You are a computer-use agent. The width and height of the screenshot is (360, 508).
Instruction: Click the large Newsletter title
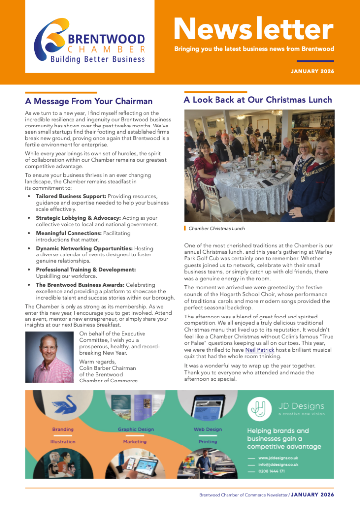(253, 30)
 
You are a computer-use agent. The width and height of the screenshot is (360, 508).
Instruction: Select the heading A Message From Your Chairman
(89, 101)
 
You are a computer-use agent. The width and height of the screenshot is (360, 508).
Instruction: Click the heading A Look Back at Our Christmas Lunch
(258, 100)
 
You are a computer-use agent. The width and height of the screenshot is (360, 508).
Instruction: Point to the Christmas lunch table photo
(259, 165)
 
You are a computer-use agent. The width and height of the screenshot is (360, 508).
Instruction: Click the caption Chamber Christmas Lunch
(216, 229)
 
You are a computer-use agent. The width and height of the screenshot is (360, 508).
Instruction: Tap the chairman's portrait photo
(50, 357)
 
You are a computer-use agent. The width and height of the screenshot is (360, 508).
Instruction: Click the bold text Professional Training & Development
(85, 269)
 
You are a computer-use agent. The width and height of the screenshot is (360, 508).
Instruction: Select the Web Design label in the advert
(208, 429)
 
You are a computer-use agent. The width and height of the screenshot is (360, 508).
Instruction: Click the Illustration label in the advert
(63, 441)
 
